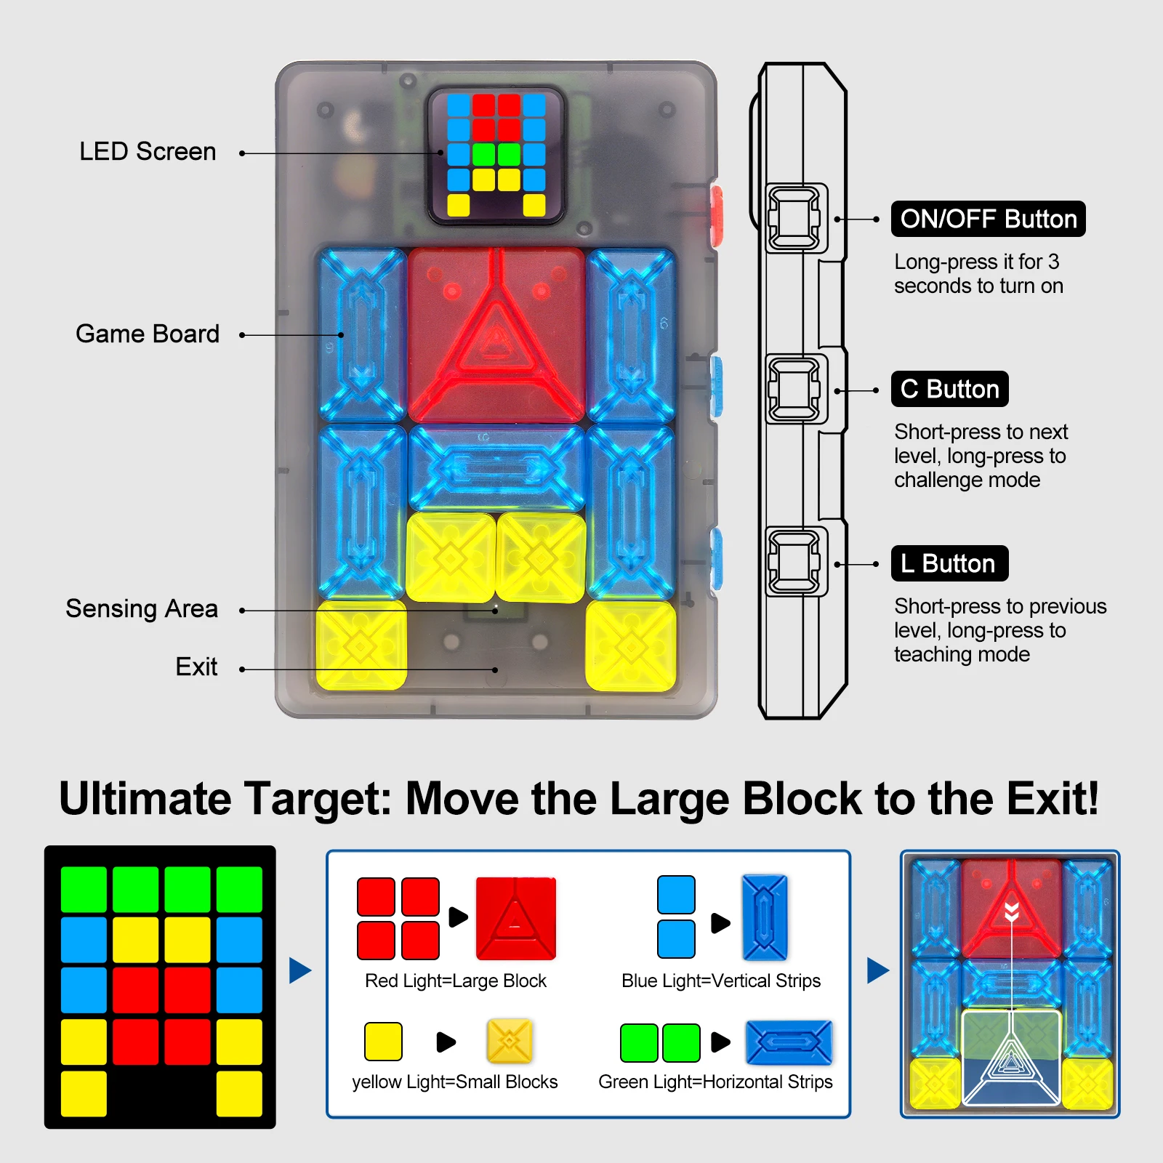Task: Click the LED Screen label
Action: [x=148, y=152]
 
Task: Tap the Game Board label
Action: [x=148, y=334]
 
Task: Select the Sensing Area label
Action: [x=142, y=608]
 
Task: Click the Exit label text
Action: [x=196, y=667]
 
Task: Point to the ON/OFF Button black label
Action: [x=988, y=219]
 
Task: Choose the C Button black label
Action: [x=949, y=389]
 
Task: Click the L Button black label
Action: [x=949, y=563]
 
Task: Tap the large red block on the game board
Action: [x=496, y=334]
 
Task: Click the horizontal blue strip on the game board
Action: [x=496, y=467]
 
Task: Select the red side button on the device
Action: [x=716, y=216]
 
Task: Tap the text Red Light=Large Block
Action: [x=456, y=981]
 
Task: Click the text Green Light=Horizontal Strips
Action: [x=715, y=1082]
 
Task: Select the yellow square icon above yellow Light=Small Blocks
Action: [x=383, y=1042]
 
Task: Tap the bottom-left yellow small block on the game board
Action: [x=361, y=645]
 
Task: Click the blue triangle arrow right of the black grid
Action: [x=299, y=970]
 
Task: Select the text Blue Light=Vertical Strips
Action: [x=721, y=981]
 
